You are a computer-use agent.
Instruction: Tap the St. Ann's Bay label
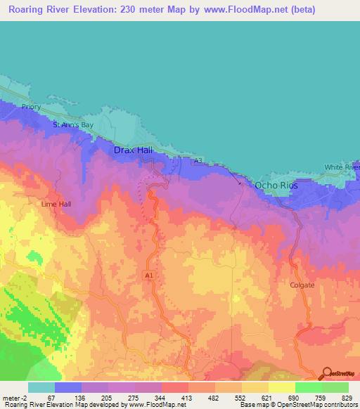(x=73, y=125)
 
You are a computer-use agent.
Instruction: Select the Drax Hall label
(x=134, y=150)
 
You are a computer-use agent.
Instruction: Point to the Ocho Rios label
(x=276, y=186)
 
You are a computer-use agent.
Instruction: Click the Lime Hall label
(x=56, y=204)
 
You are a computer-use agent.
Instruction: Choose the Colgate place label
(x=302, y=285)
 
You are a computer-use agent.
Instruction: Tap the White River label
(x=342, y=167)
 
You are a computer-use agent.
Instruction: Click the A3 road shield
(x=198, y=161)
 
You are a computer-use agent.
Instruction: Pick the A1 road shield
(x=148, y=275)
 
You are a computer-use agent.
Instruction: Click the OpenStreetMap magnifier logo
(x=326, y=375)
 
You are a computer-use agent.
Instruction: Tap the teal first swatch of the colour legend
(x=41, y=387)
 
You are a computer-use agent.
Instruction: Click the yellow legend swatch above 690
(x=281, y=387)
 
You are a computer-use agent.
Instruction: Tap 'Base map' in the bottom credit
(x=255, y=405)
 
